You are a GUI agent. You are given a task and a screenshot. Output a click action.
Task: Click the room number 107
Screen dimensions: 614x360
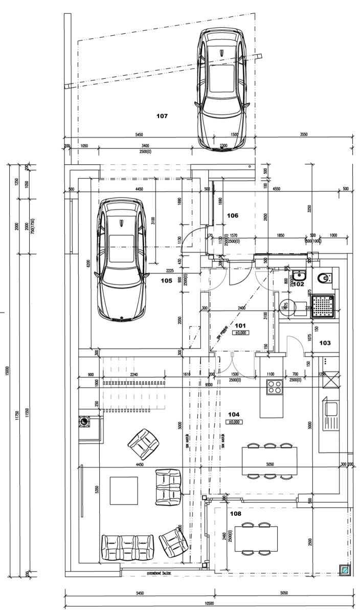coord(162,116)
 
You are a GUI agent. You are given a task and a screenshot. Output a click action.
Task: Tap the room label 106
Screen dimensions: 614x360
coord(233,216)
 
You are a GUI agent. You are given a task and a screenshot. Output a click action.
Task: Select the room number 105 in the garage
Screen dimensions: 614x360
coord(166,280)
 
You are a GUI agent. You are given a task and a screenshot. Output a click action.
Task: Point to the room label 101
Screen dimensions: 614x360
coord(240,325)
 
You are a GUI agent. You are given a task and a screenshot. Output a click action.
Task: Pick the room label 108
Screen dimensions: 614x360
coord(235,513)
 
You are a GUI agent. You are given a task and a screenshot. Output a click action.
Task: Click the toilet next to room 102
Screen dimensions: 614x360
coord(324,278)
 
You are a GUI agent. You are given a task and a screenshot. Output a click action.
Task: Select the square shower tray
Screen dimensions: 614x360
coord(324,306)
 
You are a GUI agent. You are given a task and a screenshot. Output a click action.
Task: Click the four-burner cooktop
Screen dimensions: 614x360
coord(275,387)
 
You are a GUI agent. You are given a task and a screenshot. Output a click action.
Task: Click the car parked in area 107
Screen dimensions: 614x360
coord(222,90)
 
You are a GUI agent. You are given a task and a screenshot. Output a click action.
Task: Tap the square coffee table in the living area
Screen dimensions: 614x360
coord(124,491)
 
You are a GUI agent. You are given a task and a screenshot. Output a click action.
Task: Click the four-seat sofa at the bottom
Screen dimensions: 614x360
coord(128,548)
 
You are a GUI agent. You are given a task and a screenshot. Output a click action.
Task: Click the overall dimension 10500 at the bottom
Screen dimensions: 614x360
coord(209,603)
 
